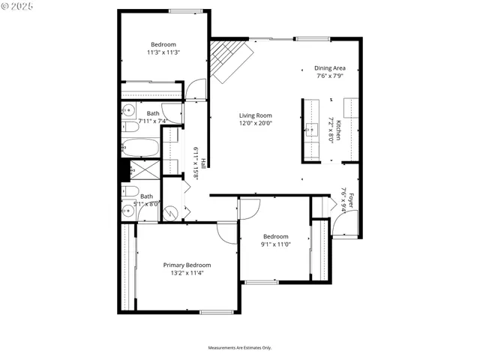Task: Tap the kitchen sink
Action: point(310,128)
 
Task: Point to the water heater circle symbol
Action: point(171,213)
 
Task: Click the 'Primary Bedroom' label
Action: point(187,265)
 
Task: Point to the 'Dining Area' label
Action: point(329,68)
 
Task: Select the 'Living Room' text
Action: point(255,115)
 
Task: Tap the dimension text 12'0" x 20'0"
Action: point(255,123)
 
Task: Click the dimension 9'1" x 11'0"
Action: point(275,244)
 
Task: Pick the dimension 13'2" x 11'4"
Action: point(187,273)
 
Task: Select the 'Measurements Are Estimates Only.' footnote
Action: point(239,347)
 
